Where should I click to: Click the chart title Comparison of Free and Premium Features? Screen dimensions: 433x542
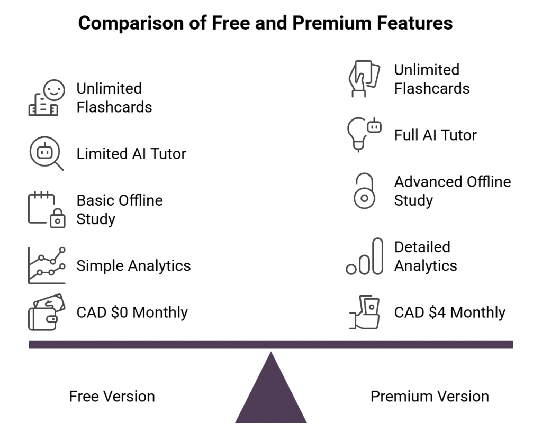click(x=265, y=23)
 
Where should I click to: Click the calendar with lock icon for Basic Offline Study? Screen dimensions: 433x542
click(x=46, y=210)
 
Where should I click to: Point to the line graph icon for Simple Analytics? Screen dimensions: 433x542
click(x=46, y=265)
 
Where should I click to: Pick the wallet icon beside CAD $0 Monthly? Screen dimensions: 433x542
click(x=46, y=312)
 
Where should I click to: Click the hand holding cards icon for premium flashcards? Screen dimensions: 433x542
click(x=364, y=79)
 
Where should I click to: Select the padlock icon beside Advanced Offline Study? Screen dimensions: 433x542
click(x=364, y=191)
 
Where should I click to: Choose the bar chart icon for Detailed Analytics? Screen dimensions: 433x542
click(x=364, y=257)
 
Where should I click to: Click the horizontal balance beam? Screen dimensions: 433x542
click(x=271, y=345)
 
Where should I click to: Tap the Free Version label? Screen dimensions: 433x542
click(x=112, y=396)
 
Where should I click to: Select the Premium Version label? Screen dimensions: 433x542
click(x=429, y=396)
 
